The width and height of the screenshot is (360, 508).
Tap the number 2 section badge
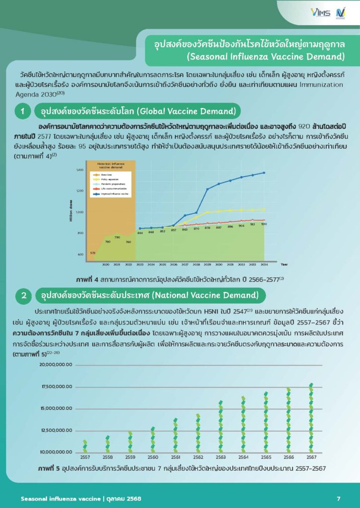coord(23,296)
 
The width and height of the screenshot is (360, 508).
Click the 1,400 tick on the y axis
coord(79,170)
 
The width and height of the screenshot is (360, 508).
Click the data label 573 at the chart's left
coord(92,253)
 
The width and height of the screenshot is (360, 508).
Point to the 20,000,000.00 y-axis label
coord(56,365)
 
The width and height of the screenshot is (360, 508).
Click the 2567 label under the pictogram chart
coord(311,457)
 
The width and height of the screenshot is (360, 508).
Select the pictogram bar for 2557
coord(85,445)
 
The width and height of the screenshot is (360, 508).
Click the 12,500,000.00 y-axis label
coord(56,431)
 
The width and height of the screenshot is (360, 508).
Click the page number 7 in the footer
coord(338,498)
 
